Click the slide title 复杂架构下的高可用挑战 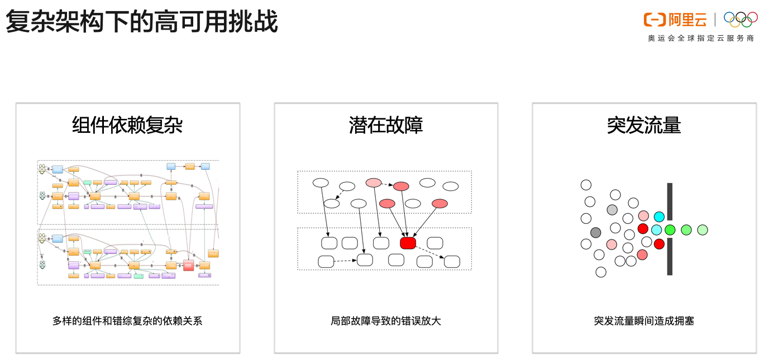(x=142, y=22)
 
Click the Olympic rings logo (x=741, y=19)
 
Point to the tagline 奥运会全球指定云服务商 (x=700, y=39)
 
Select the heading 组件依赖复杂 (x=127, y=125)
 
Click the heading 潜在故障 (x=386, y=125)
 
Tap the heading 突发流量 (x=644, y=125)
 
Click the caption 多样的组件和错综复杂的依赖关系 (x=127, y=321)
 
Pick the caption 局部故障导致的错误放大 (x=386, y=321)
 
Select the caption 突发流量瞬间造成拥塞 (x=644, y=321)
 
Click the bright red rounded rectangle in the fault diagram (x=408, y=243)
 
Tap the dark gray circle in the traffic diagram (x=596, y=232)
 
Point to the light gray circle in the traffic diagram (x=612, y=210)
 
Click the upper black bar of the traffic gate (x=670, y=201)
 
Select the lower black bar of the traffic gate (x=670, y=257)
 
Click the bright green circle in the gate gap (x=670, y=229)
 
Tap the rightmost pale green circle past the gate (x=703, y=229)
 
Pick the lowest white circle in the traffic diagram (x=601, y=272)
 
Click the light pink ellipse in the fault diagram (x=374, y=183)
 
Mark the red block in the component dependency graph (x=188, y=265)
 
